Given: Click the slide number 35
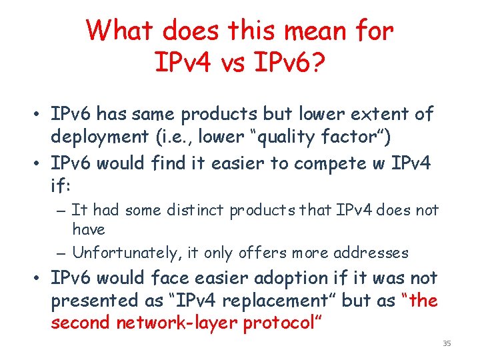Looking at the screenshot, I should [447, 343].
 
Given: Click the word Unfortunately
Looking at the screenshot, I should [121, 253].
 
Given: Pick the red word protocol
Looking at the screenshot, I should [279, 323].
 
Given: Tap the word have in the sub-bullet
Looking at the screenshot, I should [89, 229].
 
